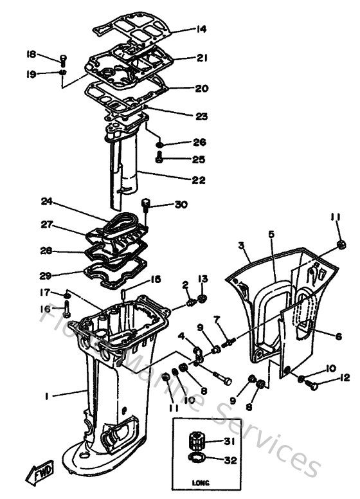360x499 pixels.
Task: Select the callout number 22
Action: point(199,180)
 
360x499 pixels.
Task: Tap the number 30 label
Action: point(181,205)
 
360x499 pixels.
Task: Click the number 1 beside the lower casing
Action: point(47,397)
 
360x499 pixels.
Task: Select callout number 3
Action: point(240,245)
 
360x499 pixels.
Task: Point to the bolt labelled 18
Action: point(62,61)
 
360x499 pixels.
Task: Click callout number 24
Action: point(46,201)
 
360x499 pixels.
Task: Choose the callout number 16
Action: point(46,309)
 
